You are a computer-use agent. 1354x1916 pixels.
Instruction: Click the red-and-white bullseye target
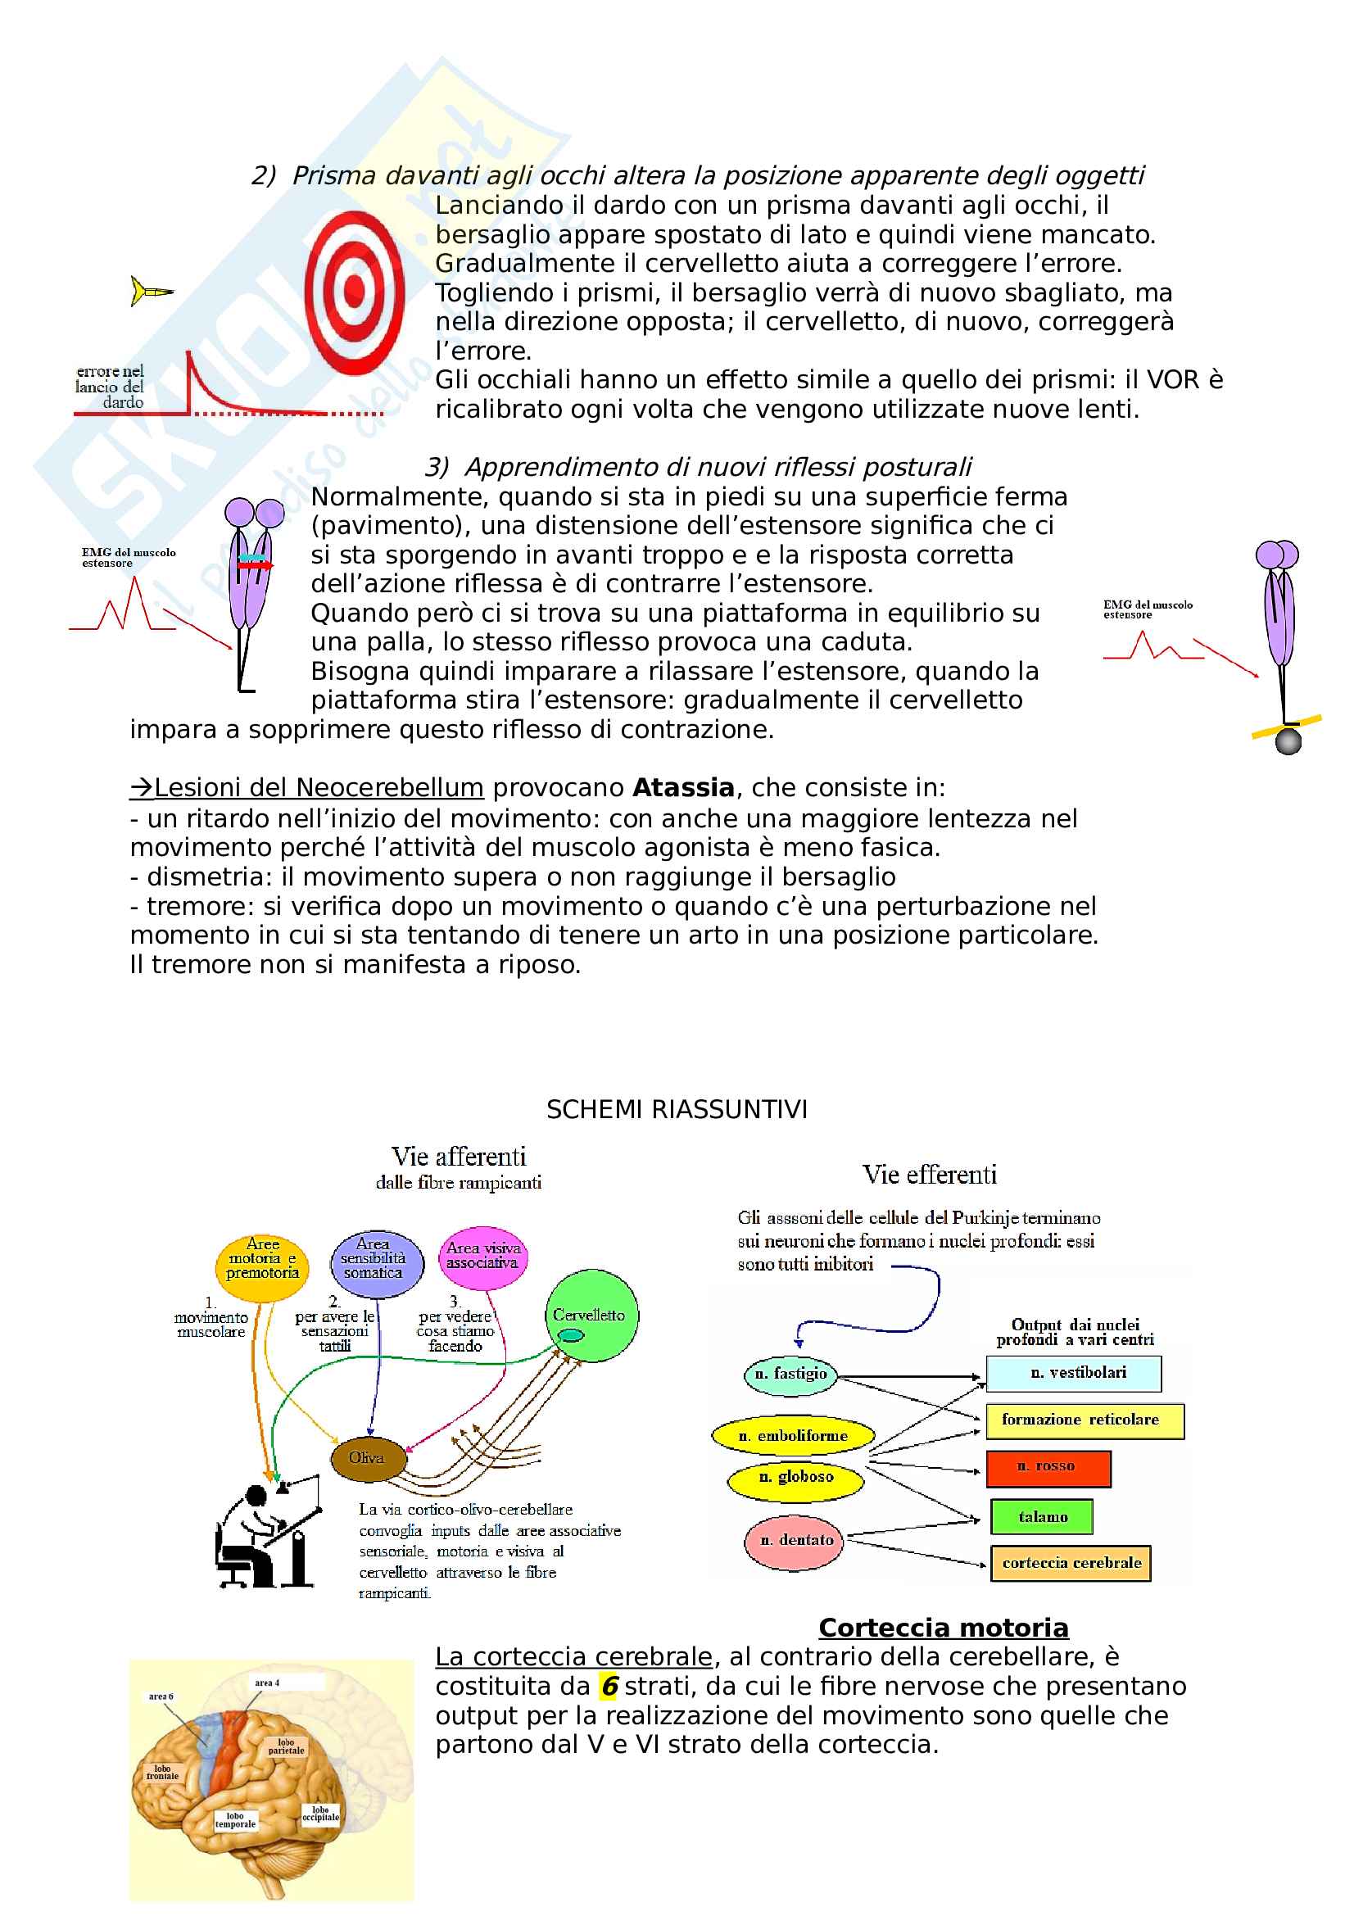[x=355, y=292]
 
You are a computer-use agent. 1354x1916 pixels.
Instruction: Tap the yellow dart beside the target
[x=150, y=292]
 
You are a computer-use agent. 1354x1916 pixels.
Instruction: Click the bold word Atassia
[x=683, y=788]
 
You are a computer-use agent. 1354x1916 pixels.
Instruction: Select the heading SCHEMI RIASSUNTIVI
[x=677, y=1110]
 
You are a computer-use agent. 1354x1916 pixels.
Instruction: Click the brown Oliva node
[x=368, y=1458]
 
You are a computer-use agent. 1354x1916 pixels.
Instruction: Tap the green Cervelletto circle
[x=591, y=1316]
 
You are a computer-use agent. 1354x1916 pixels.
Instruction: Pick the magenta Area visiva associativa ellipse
[x=483, y=1256]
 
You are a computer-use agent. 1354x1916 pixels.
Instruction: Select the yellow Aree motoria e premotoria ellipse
[x=263, y=1268]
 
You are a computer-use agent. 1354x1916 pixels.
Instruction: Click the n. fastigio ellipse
[x=790, y=1374]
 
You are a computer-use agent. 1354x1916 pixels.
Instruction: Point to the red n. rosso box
[x=1048, y=1469]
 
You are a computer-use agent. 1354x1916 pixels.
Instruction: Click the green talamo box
[x=1042, y=1516]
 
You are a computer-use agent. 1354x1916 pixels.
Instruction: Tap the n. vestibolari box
[x=1074, y=1373]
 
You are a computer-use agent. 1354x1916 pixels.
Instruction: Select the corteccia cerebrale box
[x=1071, y=1563]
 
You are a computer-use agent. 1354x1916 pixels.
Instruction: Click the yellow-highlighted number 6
[x=610, y=1687]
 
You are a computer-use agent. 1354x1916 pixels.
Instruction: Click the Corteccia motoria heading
[x=944, y=1628]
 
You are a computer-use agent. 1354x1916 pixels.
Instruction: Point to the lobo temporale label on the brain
[x=235, y=1820]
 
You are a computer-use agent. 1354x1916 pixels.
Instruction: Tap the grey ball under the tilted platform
[x=1289, y=741]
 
